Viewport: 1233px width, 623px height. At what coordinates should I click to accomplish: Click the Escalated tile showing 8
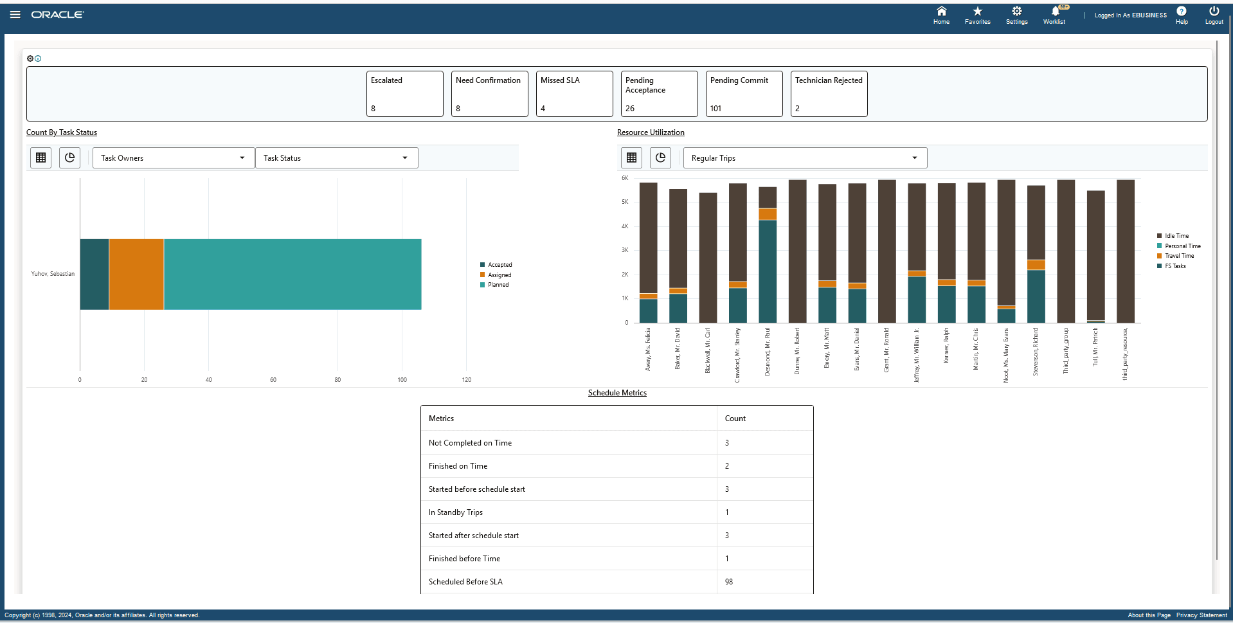coord(404,94)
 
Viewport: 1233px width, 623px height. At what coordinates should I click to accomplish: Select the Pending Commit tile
coord(743,94)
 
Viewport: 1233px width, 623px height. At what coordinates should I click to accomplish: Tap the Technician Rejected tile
coord(828,94)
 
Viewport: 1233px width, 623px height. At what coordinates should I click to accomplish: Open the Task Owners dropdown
coord(173,158)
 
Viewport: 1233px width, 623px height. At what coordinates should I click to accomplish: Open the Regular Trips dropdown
coord(804,158)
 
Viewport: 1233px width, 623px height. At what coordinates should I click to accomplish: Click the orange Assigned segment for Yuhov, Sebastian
coord(136,275)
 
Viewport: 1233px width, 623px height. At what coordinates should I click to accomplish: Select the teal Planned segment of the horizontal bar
coord(292,275)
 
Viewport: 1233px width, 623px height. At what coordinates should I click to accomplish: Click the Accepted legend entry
coord(500,265)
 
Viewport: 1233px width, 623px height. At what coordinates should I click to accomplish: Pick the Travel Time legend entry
coord(1178,256)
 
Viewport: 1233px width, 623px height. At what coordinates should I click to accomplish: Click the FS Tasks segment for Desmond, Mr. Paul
coord(768,271)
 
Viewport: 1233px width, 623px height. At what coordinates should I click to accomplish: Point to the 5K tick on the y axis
coord(625,202)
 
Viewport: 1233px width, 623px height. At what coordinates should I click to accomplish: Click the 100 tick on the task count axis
coord(402,380)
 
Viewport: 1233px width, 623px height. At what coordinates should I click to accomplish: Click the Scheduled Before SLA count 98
coord(729,582)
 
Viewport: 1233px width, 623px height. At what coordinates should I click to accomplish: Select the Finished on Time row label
coord(458,466)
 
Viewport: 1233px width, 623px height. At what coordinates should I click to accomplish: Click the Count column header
coord(735,419)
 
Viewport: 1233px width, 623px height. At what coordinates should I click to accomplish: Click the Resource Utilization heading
coord(651,132)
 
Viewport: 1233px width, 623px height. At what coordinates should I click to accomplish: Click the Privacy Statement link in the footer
coord(1201,615)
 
